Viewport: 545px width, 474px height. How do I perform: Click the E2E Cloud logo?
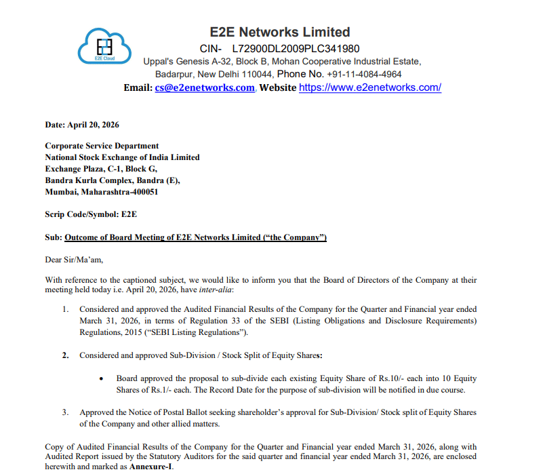[103, 46]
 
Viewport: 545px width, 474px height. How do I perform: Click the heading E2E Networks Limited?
[280, 32]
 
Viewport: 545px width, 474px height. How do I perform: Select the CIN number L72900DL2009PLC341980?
[296, 49]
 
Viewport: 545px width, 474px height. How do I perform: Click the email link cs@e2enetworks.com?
[204, 87]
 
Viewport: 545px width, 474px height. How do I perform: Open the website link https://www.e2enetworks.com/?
[370, 87]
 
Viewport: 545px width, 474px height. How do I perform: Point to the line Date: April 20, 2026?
[82, 125]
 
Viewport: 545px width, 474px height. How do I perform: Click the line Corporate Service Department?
[102, 146]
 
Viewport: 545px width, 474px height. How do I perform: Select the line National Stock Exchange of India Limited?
[122, 157]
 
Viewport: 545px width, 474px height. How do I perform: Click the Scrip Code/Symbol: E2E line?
[91, 214]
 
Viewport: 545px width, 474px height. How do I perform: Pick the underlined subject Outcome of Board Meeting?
[195, 237]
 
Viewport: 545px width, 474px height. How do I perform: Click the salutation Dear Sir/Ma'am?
[74, 259]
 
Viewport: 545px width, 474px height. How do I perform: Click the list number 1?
[65, 309]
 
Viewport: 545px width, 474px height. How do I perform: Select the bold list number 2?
[65, 355]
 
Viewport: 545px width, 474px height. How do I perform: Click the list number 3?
[65, 412]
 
